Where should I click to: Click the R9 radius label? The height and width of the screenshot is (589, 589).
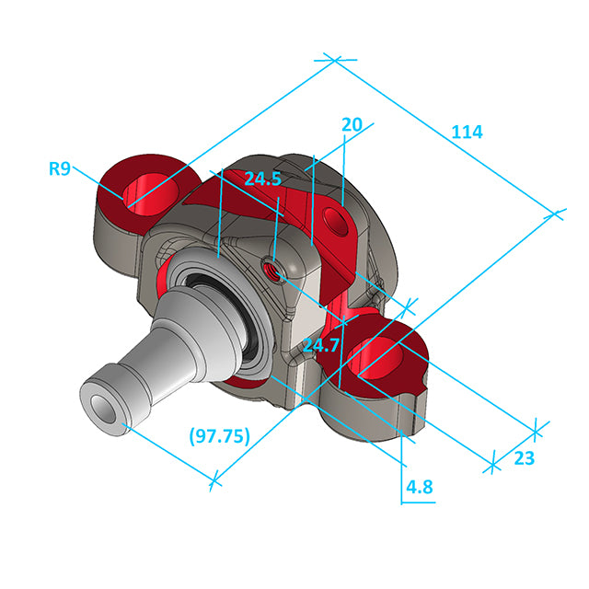tap(60, 168)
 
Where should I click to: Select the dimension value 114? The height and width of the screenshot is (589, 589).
tap(467, 132)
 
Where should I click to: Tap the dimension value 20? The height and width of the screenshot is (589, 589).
tap(352, 124)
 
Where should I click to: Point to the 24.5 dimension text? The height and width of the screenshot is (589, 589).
tap(262, 179)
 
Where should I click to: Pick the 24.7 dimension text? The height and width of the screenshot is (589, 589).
tap(321, 345)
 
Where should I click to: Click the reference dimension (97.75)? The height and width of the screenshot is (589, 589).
tap(220, 436)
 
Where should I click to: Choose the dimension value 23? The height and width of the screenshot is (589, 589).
tap(524, 459)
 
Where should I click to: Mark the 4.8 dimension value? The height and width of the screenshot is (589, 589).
tap(418, 487)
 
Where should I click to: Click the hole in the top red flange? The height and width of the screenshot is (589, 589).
tap(333, 218)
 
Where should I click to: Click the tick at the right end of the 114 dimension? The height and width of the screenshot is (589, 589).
tap(556, 214)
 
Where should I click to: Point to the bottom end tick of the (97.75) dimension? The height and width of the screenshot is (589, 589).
tap(214, 479)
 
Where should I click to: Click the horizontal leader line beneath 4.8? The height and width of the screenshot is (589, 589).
tap(418, 502)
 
